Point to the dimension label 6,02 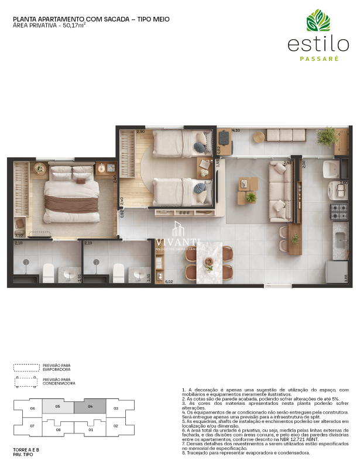(170, 282)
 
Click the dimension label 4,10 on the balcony (236, 130)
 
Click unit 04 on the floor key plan (91, 406)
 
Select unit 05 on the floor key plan (58, 406)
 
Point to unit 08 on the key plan (58, 430)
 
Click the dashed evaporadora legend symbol (26, 367)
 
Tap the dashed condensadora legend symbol (27, 383)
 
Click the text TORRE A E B (26, 449)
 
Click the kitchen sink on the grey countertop (340, 239)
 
